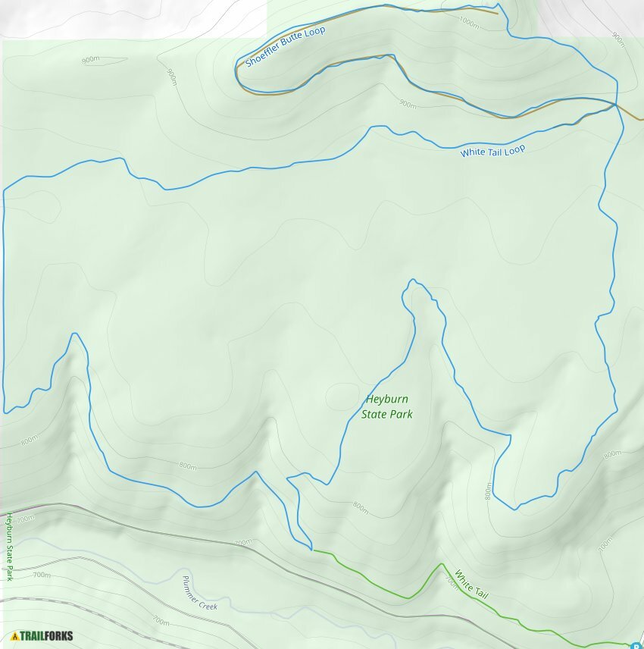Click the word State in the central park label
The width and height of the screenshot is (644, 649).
(374, 414)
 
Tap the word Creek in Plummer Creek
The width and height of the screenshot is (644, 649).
(208, 604)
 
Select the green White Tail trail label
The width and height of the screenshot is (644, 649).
(471, 584)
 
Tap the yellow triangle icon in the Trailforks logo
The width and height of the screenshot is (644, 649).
(15, 635)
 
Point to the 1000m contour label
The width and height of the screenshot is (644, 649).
(469, 24)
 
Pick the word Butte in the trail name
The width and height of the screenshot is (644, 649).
(295, 41)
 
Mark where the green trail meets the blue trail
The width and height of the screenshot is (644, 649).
(312, 550)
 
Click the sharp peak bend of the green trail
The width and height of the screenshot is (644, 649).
(442, 564)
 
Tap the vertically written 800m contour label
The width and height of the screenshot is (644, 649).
(488, 493)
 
